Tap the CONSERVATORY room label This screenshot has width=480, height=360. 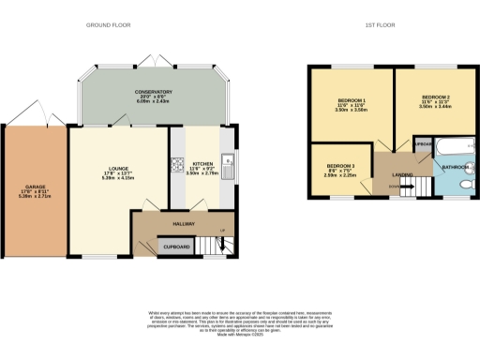[x=153, y=92]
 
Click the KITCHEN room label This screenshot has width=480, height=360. [x=202, y=163]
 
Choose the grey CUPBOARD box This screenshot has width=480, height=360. [x=176, y=247]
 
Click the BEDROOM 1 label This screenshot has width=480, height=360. [x=350, y=99]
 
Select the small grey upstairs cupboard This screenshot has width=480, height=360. [x=423, y=144]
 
